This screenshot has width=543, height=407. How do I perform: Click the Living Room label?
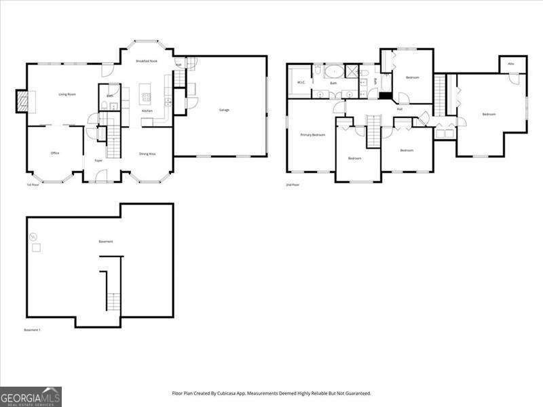click(x=67, y=94)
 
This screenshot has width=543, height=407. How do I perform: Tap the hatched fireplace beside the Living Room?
click(x=23, y=102)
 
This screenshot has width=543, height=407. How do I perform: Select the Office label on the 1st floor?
click(x=55, y=153)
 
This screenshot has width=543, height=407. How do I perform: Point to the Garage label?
click(x=223, y=110)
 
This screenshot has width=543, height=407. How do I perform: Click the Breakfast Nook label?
click(x=146, y=62)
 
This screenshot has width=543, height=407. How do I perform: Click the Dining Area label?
click(x=147, y=154)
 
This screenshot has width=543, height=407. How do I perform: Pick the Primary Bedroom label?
click(x=313, y=135)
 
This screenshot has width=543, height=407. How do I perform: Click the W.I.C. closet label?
click(x=301, y=83)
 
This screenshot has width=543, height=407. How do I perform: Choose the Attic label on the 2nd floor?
click(x=512, y=63)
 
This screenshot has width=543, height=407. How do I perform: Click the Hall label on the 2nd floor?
click(x=400, y=109)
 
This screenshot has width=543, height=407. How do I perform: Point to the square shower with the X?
click(x=352, y=71)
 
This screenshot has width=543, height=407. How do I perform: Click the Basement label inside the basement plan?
click(x=105, y=241)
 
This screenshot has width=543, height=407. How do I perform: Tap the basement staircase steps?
click(x=113, y=301)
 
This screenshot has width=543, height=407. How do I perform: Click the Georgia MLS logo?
click(x=31, y=396)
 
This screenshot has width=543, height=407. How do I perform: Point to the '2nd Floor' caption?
click(x=293, y=185)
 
